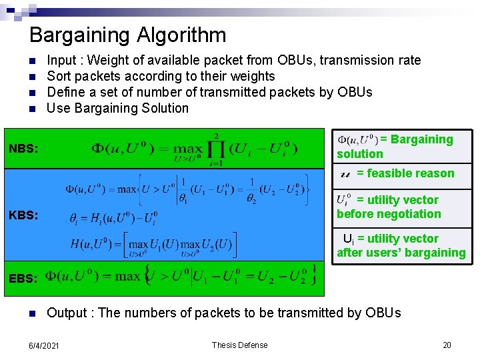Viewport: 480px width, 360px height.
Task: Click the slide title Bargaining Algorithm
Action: tap(127, 35)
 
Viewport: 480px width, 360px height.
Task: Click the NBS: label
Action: tap(24, 147)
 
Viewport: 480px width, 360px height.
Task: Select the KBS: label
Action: tap(24, 215)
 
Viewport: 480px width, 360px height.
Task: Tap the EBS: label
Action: tap(23, 278)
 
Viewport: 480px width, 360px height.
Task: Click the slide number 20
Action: tap(447, 345)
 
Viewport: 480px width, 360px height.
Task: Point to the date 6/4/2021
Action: tap(43, 345)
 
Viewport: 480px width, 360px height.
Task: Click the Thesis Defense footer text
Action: tap(239, 345)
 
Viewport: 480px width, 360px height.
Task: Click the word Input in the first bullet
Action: tap(61, 61)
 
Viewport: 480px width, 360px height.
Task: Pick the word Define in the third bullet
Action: tap(66, 92)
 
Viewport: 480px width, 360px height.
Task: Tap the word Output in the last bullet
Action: tap(67, 313)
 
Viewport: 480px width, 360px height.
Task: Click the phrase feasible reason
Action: tap(410, 173)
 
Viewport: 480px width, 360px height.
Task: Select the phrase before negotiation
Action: tap(389, 214)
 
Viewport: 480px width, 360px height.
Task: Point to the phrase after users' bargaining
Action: tap(401, 253)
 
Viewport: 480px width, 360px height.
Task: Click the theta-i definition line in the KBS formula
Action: tap(113, 218)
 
